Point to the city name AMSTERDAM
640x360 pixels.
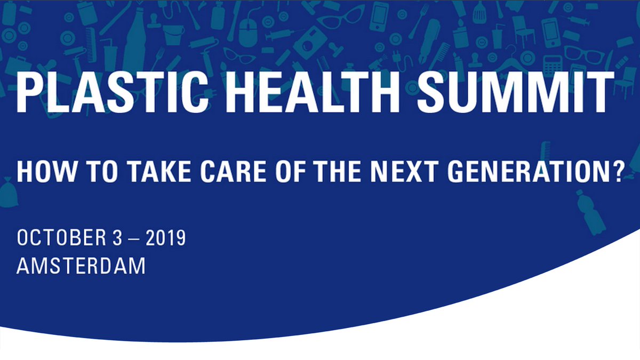tap(81, 266)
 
